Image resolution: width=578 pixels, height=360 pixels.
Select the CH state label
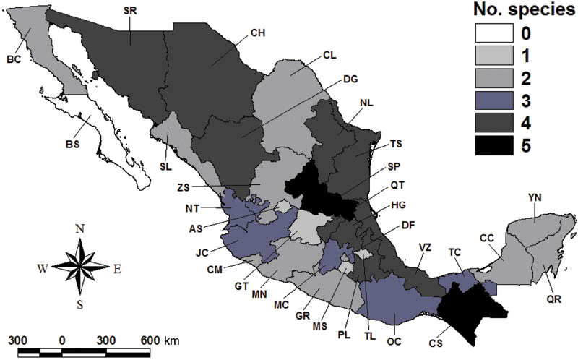tap(258, 33)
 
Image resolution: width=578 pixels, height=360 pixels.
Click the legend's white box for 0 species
tap(495, 33)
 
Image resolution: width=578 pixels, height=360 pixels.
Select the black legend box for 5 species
tap(495, 145)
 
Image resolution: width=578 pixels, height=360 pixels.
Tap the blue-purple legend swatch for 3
tap(495, 100)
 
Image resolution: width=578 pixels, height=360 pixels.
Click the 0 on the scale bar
tap(62, 340)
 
